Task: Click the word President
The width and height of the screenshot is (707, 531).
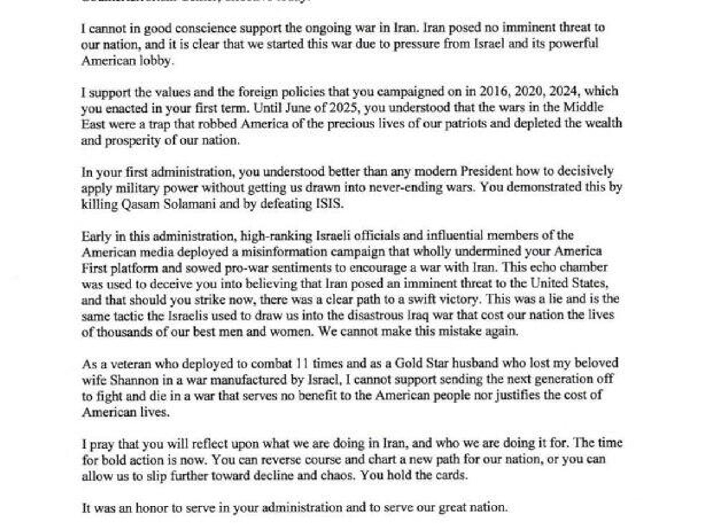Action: coord(486,171)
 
